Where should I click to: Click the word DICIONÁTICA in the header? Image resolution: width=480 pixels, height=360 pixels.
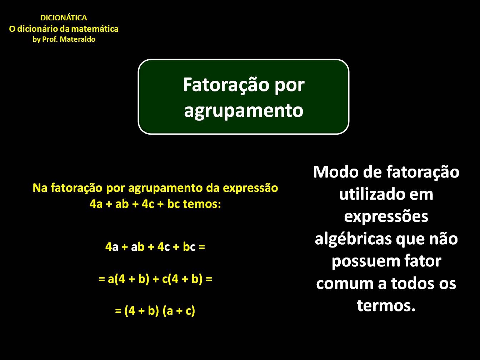pos(64,18)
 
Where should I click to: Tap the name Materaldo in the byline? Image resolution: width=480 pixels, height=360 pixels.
pos(77,40)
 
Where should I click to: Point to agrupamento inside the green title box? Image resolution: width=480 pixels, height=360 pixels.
pos(244,110)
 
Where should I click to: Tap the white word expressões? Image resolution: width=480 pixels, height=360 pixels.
pos(386,217)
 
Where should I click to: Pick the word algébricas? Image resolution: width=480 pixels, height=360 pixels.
pos(350,239)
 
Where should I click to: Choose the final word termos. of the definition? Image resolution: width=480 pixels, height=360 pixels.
pos(386,306)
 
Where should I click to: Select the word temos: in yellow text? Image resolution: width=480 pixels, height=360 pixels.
pos(202,204)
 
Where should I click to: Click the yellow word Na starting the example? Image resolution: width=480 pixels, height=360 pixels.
pos(40,188)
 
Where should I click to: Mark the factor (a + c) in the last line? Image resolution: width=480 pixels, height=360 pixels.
pos(179,311)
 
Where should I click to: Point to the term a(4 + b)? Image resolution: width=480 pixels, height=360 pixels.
pos(128,279)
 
